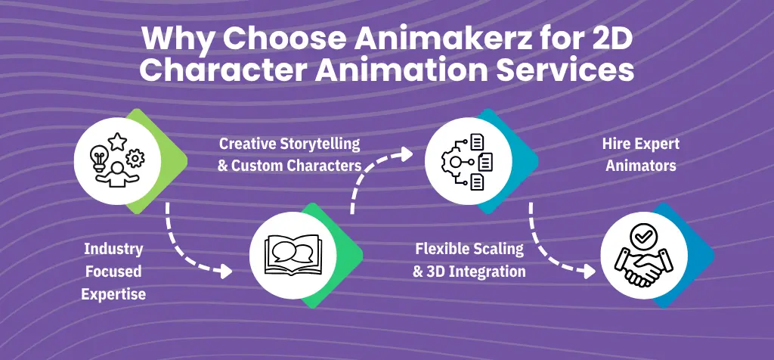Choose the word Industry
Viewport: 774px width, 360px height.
tap(113, 249)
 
